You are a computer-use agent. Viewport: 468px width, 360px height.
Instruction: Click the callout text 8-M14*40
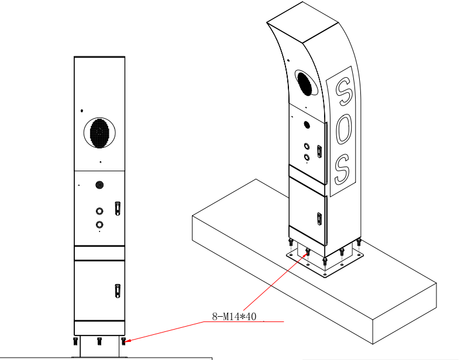(x=235, y=317)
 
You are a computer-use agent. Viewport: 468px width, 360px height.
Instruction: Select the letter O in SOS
(x=343, y=129)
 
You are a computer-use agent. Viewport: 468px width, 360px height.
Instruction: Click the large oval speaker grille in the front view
(x=100, y=133)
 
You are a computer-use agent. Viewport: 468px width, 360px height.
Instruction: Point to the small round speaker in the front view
(x=99, y=185)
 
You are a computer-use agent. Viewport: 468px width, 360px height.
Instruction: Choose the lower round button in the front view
(x=99, y=224)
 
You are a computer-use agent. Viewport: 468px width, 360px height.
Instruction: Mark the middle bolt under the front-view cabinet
(x=99, y=340)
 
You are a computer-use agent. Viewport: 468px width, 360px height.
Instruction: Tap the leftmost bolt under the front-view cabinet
(x=75, y=340)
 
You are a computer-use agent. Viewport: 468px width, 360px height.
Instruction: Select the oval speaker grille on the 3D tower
(x=305, y=83)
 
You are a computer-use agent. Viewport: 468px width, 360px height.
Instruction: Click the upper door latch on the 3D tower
(x=319, y=150)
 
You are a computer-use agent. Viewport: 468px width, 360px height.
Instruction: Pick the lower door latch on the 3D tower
(x=319, y=219)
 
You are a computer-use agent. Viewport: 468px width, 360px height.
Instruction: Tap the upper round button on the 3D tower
(x=306, y=147)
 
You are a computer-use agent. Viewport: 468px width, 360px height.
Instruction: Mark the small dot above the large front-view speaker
(x=82, y=110)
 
